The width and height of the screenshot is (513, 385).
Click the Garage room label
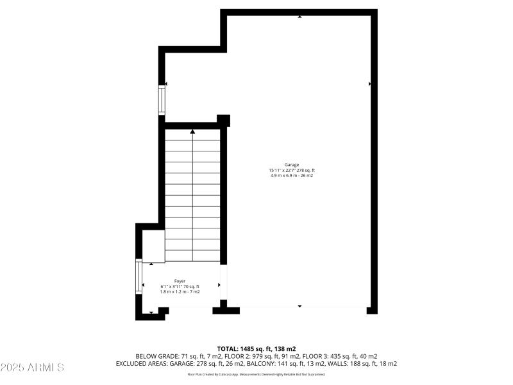point(292,164)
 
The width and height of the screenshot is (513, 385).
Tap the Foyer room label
point(180,280)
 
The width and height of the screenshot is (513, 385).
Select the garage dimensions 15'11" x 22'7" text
point(292,170)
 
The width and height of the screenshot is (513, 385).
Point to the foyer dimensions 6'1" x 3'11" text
point(180,286)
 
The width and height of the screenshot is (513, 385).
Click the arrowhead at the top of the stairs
point(192,132)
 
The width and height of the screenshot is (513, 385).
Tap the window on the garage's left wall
point(162,101)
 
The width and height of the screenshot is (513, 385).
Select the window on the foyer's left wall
point(139,276)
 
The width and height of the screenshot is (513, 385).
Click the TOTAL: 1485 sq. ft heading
point(256,348)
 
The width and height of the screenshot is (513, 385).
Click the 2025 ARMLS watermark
point(32,368)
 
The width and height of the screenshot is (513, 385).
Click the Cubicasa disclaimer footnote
point(256,374)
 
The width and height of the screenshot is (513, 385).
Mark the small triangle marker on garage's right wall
point(370,83)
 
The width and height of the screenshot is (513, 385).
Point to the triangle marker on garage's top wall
point(299,17)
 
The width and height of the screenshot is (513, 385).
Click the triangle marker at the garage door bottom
point(299,306)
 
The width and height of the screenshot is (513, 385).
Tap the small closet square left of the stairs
point(153,245)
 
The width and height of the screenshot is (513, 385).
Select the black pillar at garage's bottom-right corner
point(372,310)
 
